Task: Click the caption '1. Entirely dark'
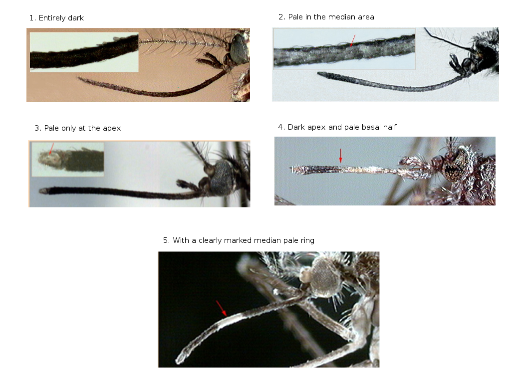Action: pyautogui.click(x=56, y=18)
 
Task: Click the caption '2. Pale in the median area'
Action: pyautogui.click(x=326, y=17)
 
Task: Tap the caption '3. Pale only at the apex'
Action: pyautogui.click(x=77, y=128)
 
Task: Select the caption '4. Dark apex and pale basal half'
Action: pyautogui.click(x=337, y=127)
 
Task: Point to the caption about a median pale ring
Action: pyautogui.click(x=239, y=240)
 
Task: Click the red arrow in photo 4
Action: pyautogui.click(x=340, y=156)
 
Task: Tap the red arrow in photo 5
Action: pyautogui.click(x=221, y=308)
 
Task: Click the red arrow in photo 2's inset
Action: pyautogui.click(x=353, y=40)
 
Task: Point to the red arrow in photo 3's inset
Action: pyautogui.click(x=51, y=149)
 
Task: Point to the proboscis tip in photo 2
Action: pyautogui.click(x=319, y=74)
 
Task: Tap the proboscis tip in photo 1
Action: pyautogui.click(x=79, y=78)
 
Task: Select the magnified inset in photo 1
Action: pyautogui.click(x=84, y=52)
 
